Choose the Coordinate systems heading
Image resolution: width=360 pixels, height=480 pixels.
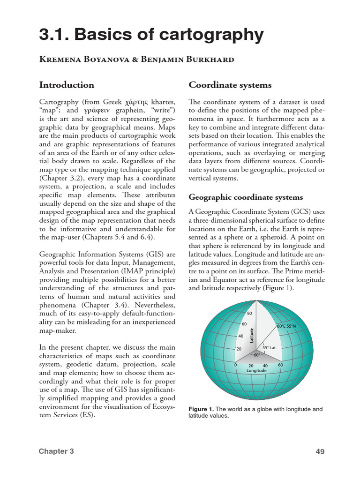click(x=230, y=85)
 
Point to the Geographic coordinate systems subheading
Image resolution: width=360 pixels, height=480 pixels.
click(x=246, y=197)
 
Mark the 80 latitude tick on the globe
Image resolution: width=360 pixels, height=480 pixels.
click(x=249, y=313)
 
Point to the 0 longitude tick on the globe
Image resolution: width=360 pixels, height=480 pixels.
click(x=235, y=364)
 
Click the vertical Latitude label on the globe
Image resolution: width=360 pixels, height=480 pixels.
click(x=252, y=335)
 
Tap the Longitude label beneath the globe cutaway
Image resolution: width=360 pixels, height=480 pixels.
click(x=256, y=370)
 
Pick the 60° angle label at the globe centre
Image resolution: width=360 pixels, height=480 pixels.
click(x=257, y=355)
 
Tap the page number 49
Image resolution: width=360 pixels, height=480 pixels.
click(x=320, y=452)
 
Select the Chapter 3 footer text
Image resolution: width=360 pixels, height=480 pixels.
click(x=56, y=451)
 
